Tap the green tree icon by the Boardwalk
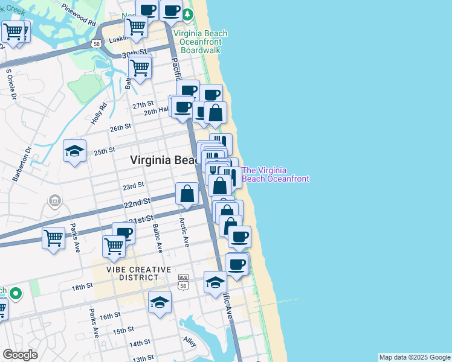tap(188, 14)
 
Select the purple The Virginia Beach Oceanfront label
tap(276, 174)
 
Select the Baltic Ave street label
tap(156, 239)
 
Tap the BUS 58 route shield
tap(184, 281)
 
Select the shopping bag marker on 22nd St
tap(187, 194)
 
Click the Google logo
tap(20, 355)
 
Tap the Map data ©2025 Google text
tap(415, 357)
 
